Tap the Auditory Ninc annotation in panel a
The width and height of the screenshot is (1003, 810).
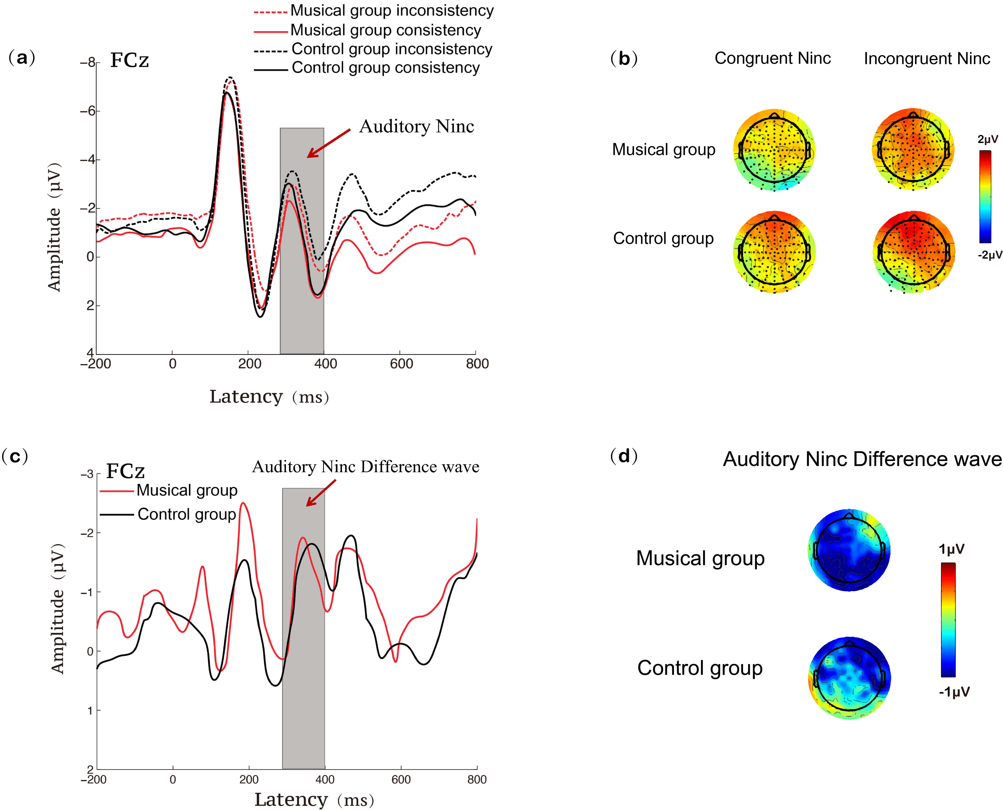tap(416, 126)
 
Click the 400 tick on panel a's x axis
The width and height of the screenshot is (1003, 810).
tap(325, 364)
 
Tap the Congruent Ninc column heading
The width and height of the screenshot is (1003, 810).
tap(772, 58)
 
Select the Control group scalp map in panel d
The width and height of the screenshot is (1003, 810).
tap(849, 678)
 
